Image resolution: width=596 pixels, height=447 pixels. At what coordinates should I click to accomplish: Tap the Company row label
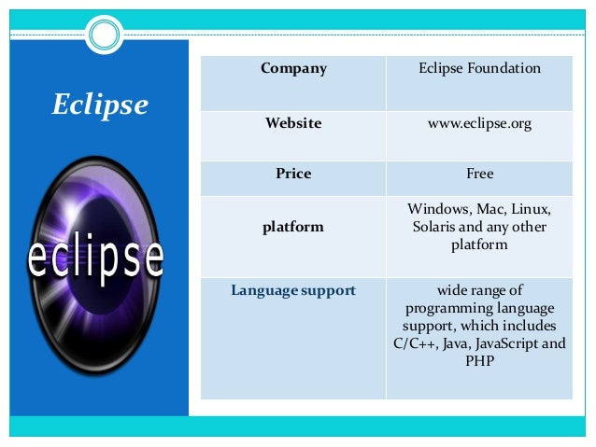293,68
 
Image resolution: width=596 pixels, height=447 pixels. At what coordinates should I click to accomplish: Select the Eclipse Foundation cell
479,68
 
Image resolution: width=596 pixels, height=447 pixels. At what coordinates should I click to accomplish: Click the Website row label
293,123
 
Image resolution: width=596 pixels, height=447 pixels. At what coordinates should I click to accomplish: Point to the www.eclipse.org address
479,123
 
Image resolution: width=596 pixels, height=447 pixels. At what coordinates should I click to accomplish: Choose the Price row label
293,174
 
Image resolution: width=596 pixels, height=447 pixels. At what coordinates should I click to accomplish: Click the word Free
479,174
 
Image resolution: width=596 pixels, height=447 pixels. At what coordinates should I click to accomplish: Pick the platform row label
293,227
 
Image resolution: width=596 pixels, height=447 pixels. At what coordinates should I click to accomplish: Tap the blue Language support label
293,290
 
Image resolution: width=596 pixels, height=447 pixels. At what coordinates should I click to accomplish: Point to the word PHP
479,360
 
